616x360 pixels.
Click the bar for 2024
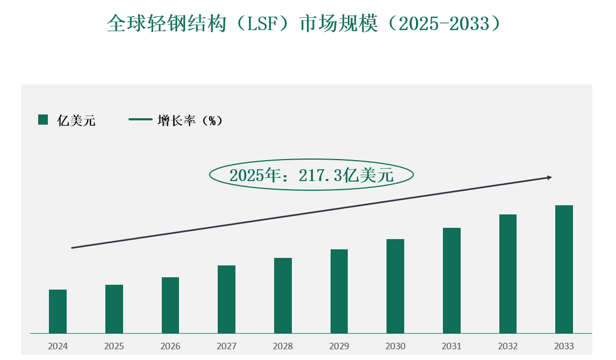pyautogui.click(x=58, y=312)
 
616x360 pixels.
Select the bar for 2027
pyautogui.click(x=226, y=299)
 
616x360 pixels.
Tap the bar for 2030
pyautogui.click(x=395, y=286)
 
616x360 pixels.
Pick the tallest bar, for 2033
pyautogui.click(x=564, y=269)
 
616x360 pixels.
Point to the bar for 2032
pyautogui.click(x=508, y=273)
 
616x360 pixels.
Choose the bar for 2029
pyautogui.click(x=339, y=291)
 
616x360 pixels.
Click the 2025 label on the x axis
pyautogui.click(x=114, y=347)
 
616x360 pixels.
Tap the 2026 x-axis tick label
pyautogui.click(x=170, y=347)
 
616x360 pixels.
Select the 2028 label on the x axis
pyautogui.click(x=283, y=347)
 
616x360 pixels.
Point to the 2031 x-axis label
pyautogui.click(x=452, y=347)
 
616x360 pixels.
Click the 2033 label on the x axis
pyautogui.click(x=564, y=347)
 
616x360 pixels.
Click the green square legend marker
pyautogui.click(x=43, y=120)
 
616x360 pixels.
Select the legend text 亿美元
pyautogui.click(x=76, y=121)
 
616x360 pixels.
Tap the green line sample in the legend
pyautogui.click(x=140, y=120)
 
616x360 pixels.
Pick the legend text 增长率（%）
pyautogui.click(x=190, y=121)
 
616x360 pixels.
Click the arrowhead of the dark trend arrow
pyautogui.click(x=549, y=177)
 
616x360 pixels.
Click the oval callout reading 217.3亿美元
pyautogui.click(x=311, y=175)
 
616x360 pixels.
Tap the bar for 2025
pyautogui.click(x=114, y=309)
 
